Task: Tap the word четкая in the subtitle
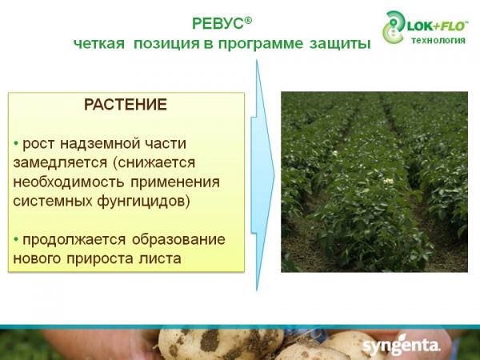99,43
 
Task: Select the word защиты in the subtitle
340,44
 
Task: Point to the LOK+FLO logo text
437,26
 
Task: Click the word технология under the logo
438,40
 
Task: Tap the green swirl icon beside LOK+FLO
394,27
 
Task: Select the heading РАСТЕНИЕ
126,104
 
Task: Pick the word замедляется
60,163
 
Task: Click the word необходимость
69,182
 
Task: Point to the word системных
53,202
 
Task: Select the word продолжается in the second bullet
74,240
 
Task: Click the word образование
178,239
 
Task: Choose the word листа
160,259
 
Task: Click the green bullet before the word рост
16,143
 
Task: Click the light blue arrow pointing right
262,175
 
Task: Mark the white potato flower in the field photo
389,182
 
